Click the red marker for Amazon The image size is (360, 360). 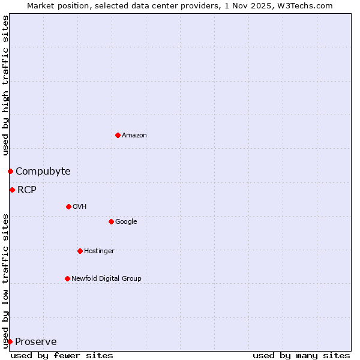(118, 135)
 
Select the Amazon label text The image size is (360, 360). (134, 136)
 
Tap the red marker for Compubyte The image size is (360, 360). (10, 172)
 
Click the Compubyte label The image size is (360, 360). (43, 172)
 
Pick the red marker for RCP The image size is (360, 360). (12, 190)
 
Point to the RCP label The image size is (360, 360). (27, 190)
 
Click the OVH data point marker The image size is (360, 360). (68, 207)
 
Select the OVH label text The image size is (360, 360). (80, 207)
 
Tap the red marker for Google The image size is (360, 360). (111, 222)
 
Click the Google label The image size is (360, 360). (126, 222)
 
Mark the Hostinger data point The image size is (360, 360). (80, 251)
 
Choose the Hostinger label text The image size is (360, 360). (99, 251)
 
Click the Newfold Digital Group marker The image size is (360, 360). (67, 278)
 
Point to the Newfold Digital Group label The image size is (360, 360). (106, 278)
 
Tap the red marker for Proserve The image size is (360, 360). (10, 342)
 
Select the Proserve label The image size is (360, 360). (36, 342)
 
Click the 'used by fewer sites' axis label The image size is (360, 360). (62, 355)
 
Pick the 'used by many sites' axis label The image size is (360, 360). (301, 355)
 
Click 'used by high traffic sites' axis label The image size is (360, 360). (5, 86)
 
